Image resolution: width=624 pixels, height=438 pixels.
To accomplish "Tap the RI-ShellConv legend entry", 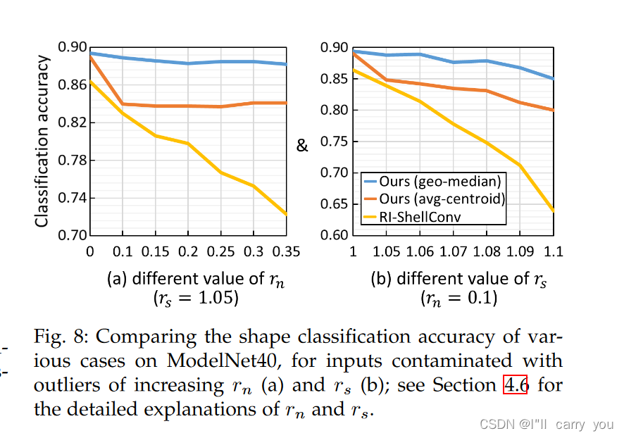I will pos(419,217).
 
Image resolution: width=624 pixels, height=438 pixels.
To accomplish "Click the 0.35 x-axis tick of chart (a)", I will pos(285,252).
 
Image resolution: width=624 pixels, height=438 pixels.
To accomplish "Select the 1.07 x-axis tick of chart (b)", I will pos(454,252).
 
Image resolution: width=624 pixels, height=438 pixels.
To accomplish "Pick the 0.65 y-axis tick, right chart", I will pos(335,204).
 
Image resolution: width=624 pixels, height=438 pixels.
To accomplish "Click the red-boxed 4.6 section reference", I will pos(515,385).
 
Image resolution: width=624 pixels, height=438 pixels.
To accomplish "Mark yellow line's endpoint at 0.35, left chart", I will pos(286,214).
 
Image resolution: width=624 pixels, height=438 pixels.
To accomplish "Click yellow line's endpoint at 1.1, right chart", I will pos(554,210).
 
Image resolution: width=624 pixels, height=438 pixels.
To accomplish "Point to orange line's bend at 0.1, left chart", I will pos(123,104).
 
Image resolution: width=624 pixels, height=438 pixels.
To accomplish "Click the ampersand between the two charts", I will pos(302,146).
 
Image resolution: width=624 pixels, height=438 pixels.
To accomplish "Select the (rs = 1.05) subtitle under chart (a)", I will pos(196,298).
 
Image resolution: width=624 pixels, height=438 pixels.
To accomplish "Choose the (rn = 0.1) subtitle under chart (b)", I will pos(458,298).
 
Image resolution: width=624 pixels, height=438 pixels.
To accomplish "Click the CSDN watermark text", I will pos(546,425).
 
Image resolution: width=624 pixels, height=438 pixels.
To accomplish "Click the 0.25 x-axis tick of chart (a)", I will pos(220,252).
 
